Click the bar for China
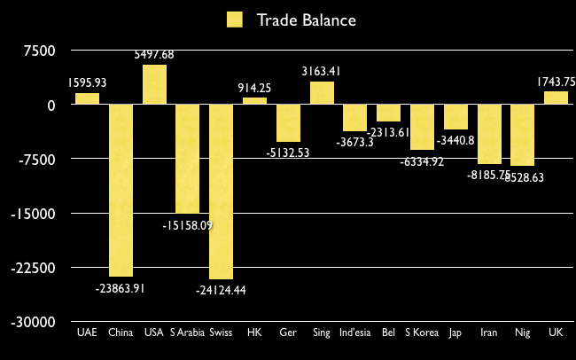tap(121, 190)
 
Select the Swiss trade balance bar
tap(221, 192)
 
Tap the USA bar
tap(154, 84)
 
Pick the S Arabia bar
tap(187, 159)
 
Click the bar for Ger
tap(288, 123)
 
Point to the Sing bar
tap(322, 93)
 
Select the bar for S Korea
tap(422, 127)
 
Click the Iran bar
tap(489, 134)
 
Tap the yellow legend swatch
tap(235, 20)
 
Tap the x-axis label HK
tap(254, 333)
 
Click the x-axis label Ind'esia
tap(354, 333)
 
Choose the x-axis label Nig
tap(523, 333)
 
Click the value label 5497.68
tap(154, 55)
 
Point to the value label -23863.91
tap(121, 287)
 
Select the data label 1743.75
tap(556, 82)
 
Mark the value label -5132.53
tap(288, 153)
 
